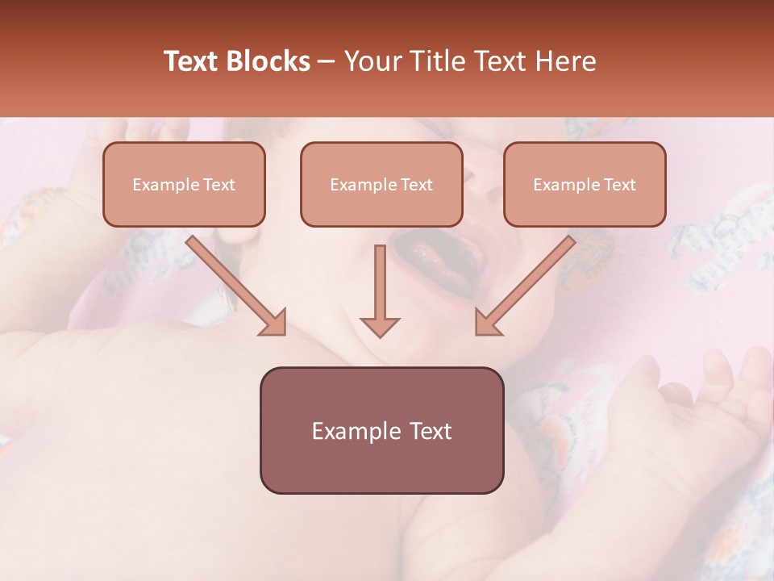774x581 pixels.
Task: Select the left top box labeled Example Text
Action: (184, 184)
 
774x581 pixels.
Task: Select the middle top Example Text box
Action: (381, 184)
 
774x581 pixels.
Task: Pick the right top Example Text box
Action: (585, 184)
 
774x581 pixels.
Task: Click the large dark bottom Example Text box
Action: (381, 430)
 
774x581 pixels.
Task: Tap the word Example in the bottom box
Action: (356, 431)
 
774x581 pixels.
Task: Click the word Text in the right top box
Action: (620, 185)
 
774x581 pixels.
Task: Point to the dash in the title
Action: (327, 62)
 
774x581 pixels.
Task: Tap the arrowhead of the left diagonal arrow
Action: (274, 323)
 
